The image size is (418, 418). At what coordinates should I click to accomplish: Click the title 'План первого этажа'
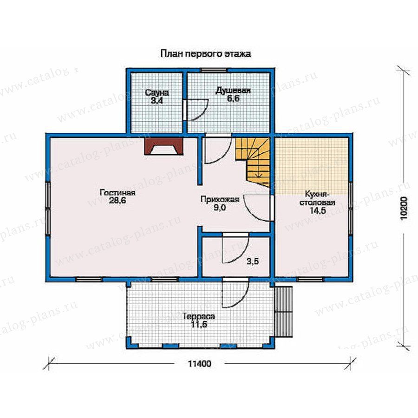click(206, 54)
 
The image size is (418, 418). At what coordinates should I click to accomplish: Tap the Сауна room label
click(157, 93)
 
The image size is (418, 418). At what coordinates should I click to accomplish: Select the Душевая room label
click(233, 91)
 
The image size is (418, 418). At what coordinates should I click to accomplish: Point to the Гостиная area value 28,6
click(118, 201)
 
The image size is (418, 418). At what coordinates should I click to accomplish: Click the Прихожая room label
click(220, 199)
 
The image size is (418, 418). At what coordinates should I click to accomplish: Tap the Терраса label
click(199, 317)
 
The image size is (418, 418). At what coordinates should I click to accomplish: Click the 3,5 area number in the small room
click(252, 261)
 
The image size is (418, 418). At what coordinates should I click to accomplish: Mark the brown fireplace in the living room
click(163, 146)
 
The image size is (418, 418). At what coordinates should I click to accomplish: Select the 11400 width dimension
click(199, 364)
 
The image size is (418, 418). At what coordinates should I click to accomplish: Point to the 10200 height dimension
click(404, 208)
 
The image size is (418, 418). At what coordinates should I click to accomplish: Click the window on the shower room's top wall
click(214, 70)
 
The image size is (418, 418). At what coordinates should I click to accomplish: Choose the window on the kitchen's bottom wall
click(310, 280)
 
